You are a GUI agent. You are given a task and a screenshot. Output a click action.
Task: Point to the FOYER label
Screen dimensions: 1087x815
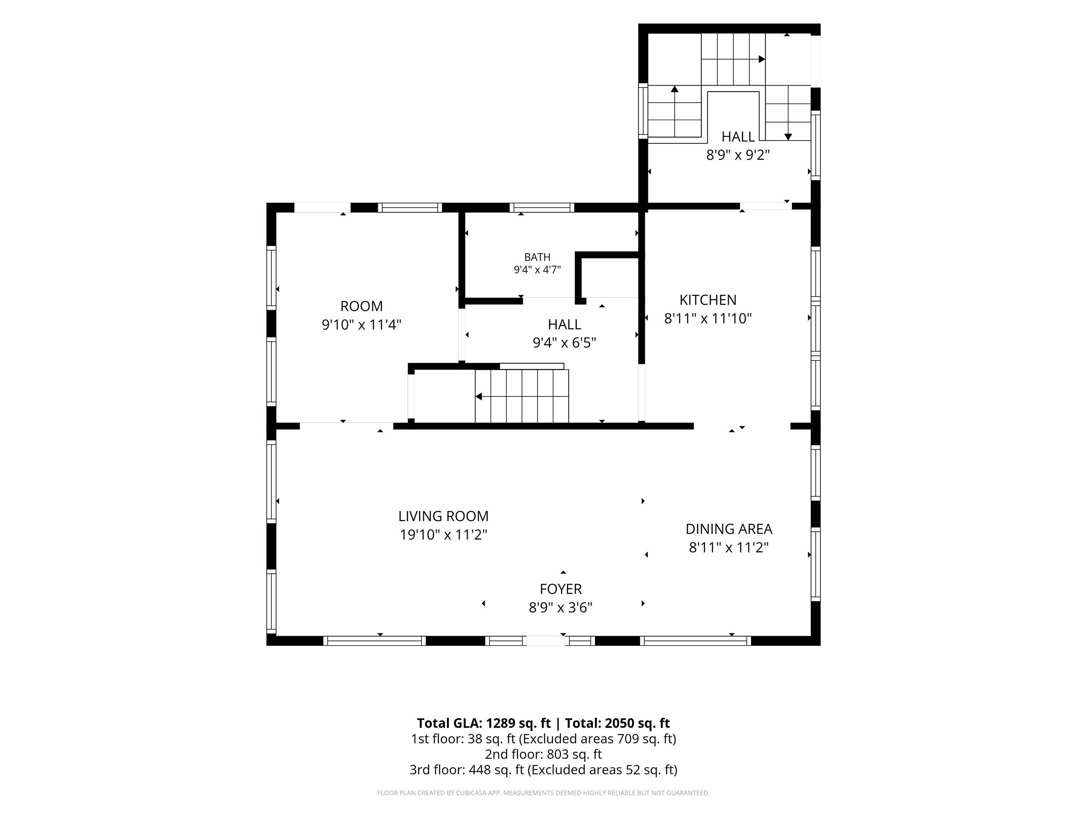(561, 589)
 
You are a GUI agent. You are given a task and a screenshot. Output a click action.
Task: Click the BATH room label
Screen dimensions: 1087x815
(537, 257)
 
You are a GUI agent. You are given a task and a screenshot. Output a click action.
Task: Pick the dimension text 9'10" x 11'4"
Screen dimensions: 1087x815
(362, 325)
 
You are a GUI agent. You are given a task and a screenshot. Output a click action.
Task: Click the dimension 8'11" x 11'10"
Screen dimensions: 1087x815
(708, 318)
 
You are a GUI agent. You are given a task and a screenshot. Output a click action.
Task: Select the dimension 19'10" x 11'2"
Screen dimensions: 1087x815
(443, 534)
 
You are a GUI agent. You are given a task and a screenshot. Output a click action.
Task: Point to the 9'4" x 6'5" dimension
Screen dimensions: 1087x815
(564, 342)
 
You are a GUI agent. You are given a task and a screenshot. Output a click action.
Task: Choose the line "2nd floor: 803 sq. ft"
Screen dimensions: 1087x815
(543, 754)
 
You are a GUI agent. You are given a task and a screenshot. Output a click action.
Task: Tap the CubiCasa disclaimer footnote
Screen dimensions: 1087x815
(543, 793)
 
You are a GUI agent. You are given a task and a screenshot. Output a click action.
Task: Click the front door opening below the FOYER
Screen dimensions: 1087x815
(546, 641)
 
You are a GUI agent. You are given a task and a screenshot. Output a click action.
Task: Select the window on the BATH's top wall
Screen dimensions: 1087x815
(541, 207)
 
